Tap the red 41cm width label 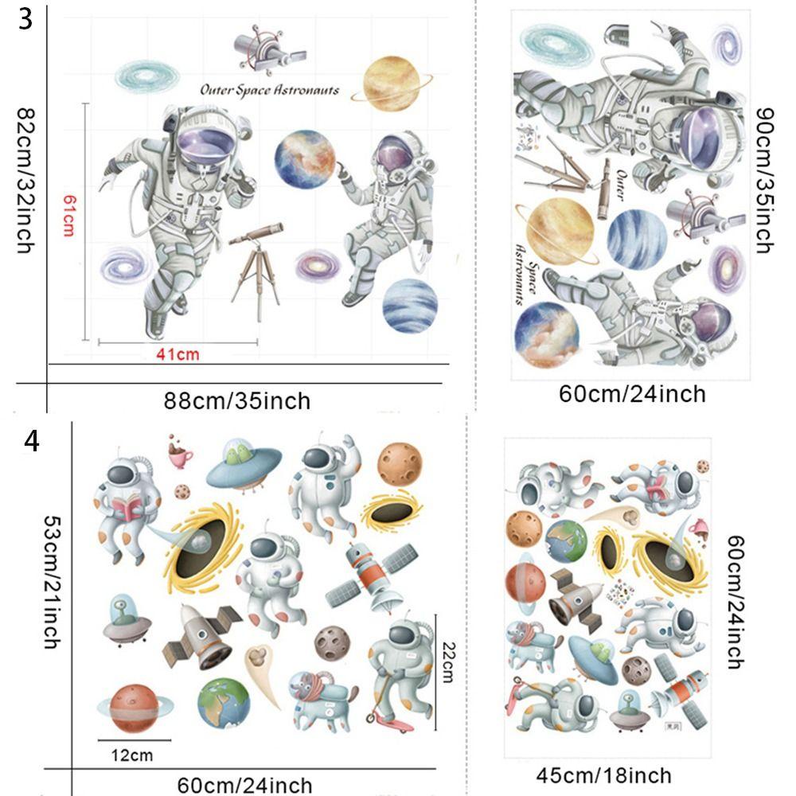coord(176,354)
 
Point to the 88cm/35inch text coord(237,400)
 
